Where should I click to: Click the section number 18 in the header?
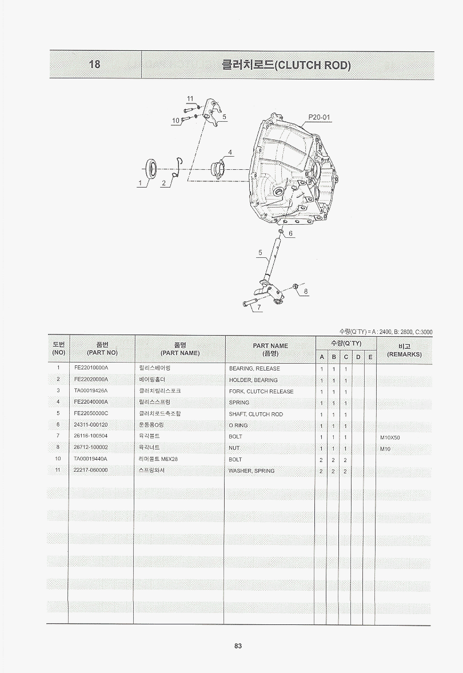[x=94, y=65]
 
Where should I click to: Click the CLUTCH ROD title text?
[x=286, y=65]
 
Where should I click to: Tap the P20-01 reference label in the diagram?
[x=320, y=117]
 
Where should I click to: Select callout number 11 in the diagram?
[x=190, y=99]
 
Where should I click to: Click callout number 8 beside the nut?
[x=305, y=292]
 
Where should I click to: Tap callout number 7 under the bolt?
[x=259, y=307]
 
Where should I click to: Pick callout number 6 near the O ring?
[x=290, y=233]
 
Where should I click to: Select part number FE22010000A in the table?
[x=91, y=368]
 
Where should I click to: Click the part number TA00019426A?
[x=90, y=391]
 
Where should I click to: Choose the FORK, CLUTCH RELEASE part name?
[x=261, y=392]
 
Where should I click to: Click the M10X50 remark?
[x=390, y=438]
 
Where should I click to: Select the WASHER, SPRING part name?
[x=252, y=471]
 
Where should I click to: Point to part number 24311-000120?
[x=90, y=424]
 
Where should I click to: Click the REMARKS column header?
[x=404, y=355]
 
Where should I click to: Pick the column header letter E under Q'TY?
[x=370, y=357]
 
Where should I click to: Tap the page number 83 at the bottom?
[x=238, y=646]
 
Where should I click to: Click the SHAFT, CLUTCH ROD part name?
[x=256, y=414]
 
